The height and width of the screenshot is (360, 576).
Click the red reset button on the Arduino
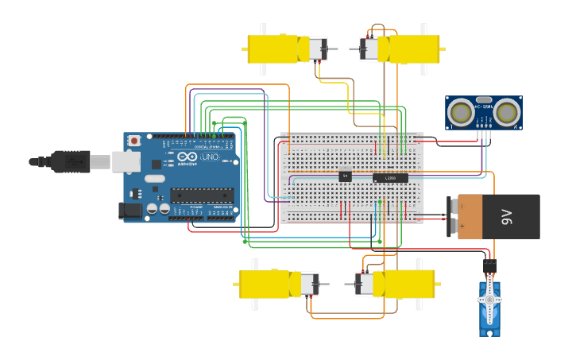(x=134, y=141)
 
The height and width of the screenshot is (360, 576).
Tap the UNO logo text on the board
(x=211, y=157)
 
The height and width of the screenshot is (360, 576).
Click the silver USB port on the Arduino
(x=126, y=162)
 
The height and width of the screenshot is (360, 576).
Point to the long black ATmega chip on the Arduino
(x=202, y=195)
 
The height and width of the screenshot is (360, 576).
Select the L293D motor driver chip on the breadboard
(x=390, y=177)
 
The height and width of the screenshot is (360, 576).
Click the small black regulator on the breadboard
(x=345, y=176)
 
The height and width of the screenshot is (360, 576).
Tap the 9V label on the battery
(x=508, y=216)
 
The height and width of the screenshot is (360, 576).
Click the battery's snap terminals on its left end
(x=454, y=216)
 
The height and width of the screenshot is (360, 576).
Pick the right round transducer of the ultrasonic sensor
(x=507, y=113)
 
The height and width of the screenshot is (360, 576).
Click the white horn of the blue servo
(x=490, y=300)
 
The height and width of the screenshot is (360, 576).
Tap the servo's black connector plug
(x=489, y=265)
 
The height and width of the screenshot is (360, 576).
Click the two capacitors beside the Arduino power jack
(x=158, y=210)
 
